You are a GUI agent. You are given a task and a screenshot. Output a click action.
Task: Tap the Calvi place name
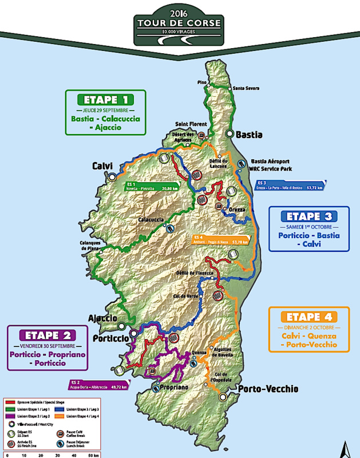tap(102, 166)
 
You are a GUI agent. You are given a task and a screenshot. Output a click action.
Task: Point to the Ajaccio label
tap(102, 318)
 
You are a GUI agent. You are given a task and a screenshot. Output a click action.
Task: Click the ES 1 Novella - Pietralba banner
tap(151, 186)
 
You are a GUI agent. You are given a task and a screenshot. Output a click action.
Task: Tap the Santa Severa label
tap(246, 88)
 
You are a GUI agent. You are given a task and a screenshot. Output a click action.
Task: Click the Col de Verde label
tap(187, 296)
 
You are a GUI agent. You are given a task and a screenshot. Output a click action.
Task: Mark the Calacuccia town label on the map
tap(151, 220)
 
